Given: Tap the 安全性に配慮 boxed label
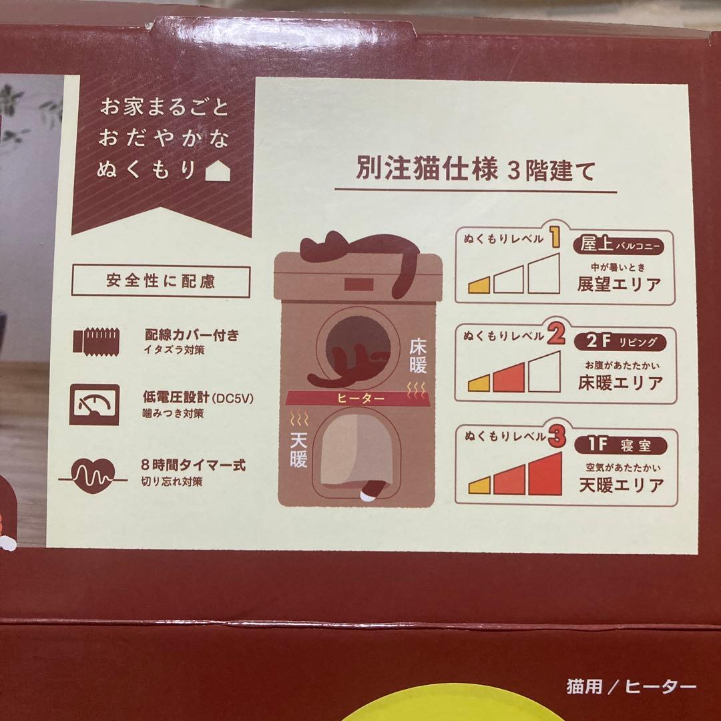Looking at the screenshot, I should tap(160, 281).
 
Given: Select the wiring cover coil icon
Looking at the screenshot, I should tap(95, 340).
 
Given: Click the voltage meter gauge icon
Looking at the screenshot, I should tap(94, 405).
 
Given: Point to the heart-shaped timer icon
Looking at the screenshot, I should tap(94, 475).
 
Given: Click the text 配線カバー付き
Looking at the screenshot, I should tap(191, 334).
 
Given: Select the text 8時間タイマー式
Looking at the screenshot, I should tap(193, 465).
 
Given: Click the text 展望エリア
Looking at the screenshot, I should tap(620, 284).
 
